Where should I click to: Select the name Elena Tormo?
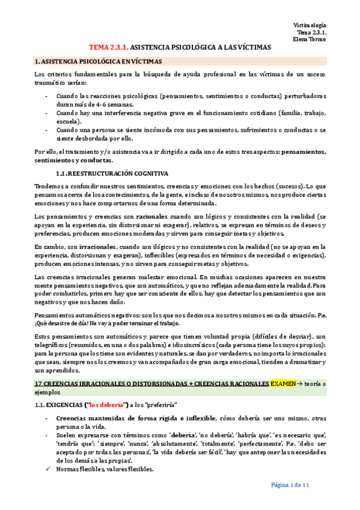pos(310,39)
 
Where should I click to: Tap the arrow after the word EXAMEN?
pos(301,383)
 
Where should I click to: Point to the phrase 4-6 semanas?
pos(115,104)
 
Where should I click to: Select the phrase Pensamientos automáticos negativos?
pos(86,315)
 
